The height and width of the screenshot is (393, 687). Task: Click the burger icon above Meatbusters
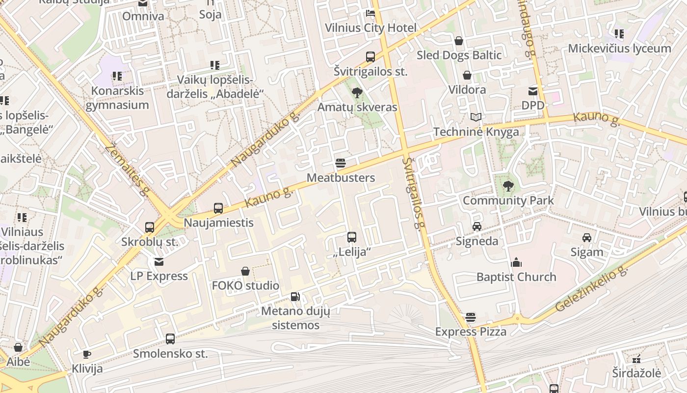click(341, 163)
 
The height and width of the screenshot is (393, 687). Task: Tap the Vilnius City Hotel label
click(370, 28)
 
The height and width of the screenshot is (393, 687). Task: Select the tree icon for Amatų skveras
click(357, 92)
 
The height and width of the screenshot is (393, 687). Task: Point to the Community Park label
click(508, 200)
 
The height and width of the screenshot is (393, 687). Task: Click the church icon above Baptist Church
click(516, 262)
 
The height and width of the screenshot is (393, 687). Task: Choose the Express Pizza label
click(471, 332)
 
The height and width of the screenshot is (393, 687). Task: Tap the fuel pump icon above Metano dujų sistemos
click(295, 296)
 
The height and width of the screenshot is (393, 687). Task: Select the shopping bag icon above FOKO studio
click(245, 271)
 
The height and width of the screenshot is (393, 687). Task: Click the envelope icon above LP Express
click(159, 262)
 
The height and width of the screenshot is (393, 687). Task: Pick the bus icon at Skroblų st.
click(150, 227)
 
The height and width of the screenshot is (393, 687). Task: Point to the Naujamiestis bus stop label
click(218, 223)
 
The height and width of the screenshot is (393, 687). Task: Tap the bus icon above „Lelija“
click(352, 237)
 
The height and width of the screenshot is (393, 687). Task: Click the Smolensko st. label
click(170, 353)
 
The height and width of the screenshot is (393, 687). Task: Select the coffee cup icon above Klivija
click(87, 354)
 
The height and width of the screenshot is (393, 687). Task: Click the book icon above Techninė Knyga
click(476, 117)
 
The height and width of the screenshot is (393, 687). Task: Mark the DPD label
click(532, 105)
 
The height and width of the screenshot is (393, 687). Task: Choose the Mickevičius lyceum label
click(619, 49)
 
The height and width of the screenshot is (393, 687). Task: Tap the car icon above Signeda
click(476, 226)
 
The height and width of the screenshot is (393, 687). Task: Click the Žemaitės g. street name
click(127, 169)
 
